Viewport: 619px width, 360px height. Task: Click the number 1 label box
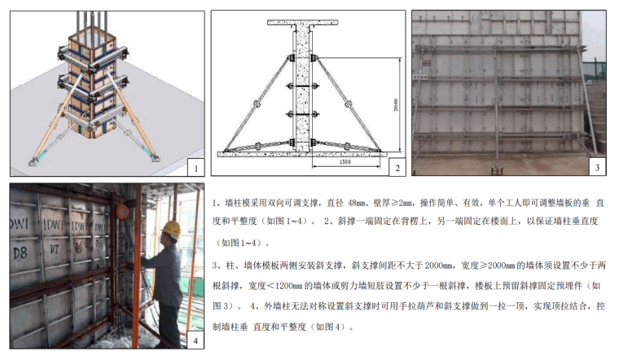coord(195,167)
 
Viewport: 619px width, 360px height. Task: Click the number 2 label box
coord(397,167)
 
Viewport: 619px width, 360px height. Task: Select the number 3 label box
coord(598,167)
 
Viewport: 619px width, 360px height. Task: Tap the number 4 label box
coord(195,340)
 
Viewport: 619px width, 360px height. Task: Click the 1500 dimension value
coord(345,162)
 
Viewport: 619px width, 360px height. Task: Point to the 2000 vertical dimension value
coord(396,104)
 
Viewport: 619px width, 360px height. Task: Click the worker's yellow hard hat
coord(172,228)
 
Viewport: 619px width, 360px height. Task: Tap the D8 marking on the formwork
coord(20,253)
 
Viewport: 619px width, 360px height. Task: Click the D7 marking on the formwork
coord(54,249)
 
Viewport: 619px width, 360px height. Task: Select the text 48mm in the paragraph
coord(357,203)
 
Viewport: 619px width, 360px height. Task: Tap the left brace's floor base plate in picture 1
coord(33,162)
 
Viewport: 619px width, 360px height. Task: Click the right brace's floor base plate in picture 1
coord(155,159)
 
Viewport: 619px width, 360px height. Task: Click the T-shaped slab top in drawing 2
coord(303,23)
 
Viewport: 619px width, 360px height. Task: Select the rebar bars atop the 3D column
coord(91,24)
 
